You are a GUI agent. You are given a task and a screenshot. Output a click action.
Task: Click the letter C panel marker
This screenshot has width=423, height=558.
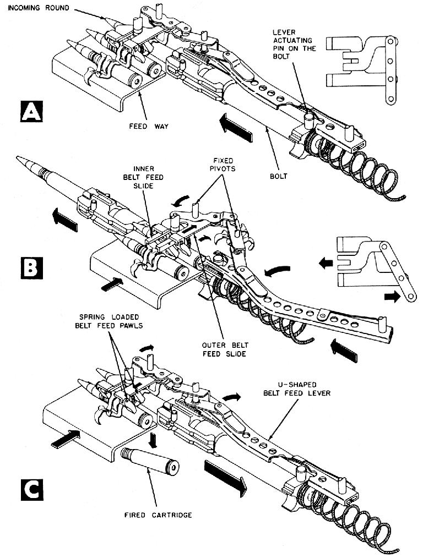[x=27, y=489]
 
